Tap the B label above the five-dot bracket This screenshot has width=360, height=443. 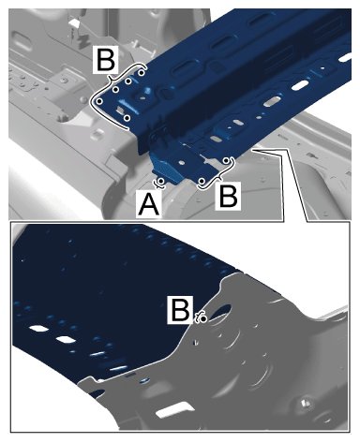tap(106, 59)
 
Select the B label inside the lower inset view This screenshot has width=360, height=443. tap(179, 309)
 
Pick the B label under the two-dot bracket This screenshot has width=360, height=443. tap(228, 196)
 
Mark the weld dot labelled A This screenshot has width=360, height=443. tap(161, 181)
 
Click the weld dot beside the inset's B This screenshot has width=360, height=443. tap(203, 318)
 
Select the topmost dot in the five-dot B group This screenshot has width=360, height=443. tap(142, 73)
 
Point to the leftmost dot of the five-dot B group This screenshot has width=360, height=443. tap(99, 101)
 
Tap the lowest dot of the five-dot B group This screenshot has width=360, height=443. tap(127, 118)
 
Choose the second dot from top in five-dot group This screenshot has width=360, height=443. tap(128, 81)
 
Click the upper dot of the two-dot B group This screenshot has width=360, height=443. tap(226, 160)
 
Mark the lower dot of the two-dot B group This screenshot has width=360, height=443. tap(202, 181)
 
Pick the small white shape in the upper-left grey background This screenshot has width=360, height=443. tap(74, 22)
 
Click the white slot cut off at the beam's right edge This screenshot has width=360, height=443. tap(345, 57)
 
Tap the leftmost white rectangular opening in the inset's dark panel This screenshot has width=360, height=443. tap(38, 329)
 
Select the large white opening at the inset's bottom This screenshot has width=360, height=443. tap(174, 410)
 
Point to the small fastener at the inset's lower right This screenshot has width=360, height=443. tap(306, 404)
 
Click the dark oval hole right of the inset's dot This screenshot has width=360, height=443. tap(221, 312)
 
